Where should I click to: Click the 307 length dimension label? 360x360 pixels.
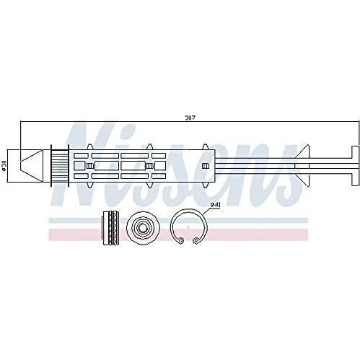point(190,118)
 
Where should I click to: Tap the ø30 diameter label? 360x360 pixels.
point(4,166)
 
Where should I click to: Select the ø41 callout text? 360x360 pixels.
point(216,205)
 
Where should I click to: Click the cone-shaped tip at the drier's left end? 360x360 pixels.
point(32,165)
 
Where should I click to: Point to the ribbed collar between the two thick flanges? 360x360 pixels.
point(60,165)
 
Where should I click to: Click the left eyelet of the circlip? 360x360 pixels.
point(181,240)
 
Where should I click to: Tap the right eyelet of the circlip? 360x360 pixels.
point(197,240)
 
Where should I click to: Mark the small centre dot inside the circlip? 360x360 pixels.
point(188,227)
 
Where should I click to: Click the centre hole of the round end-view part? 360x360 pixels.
point(144,227)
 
